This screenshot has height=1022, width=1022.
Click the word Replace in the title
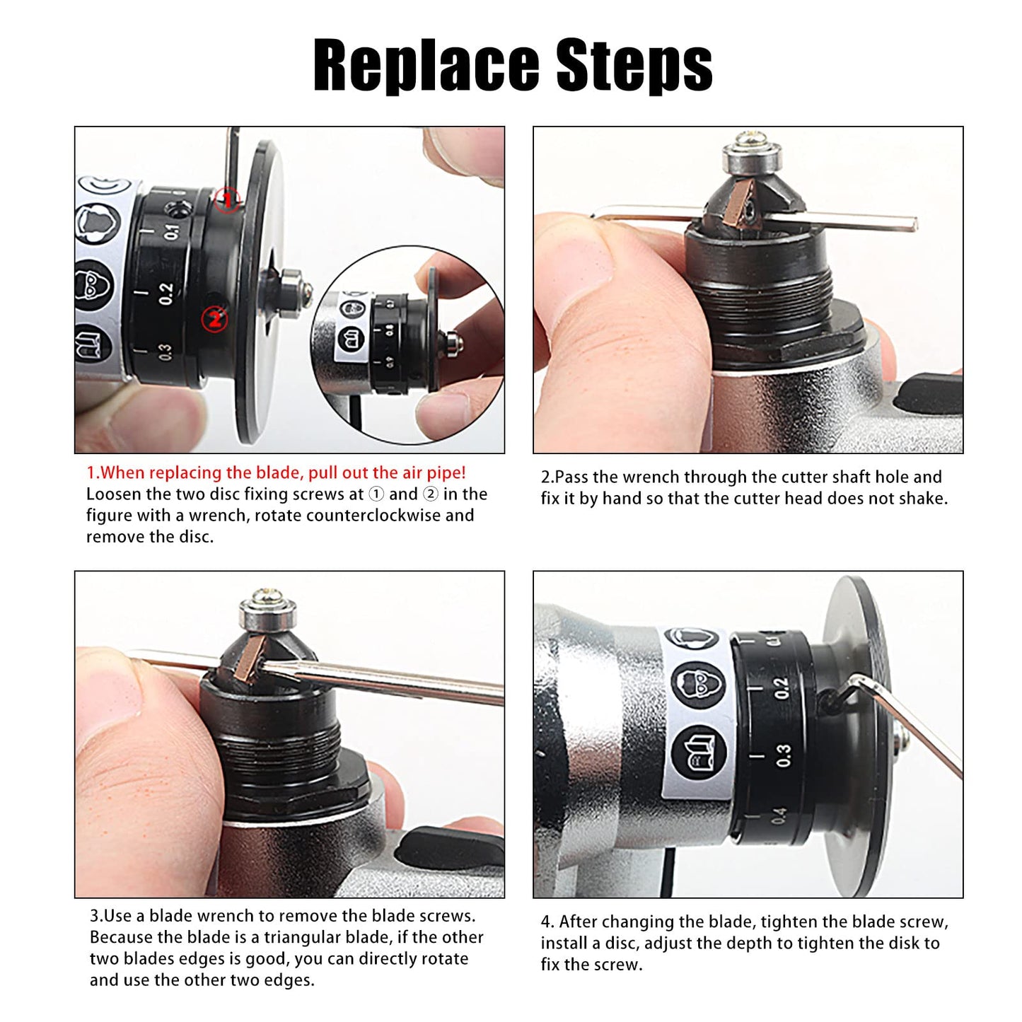[425, 66]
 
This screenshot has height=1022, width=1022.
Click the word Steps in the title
[634, 66]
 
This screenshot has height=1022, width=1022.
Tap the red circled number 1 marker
[228, 200]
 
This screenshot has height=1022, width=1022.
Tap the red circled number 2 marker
[214, 319]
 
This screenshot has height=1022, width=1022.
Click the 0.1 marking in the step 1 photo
[172, 232]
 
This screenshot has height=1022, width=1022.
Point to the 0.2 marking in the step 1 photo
[166, 294]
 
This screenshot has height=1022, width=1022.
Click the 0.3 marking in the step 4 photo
[783, 755]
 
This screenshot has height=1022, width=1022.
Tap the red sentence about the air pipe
[277, 472]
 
